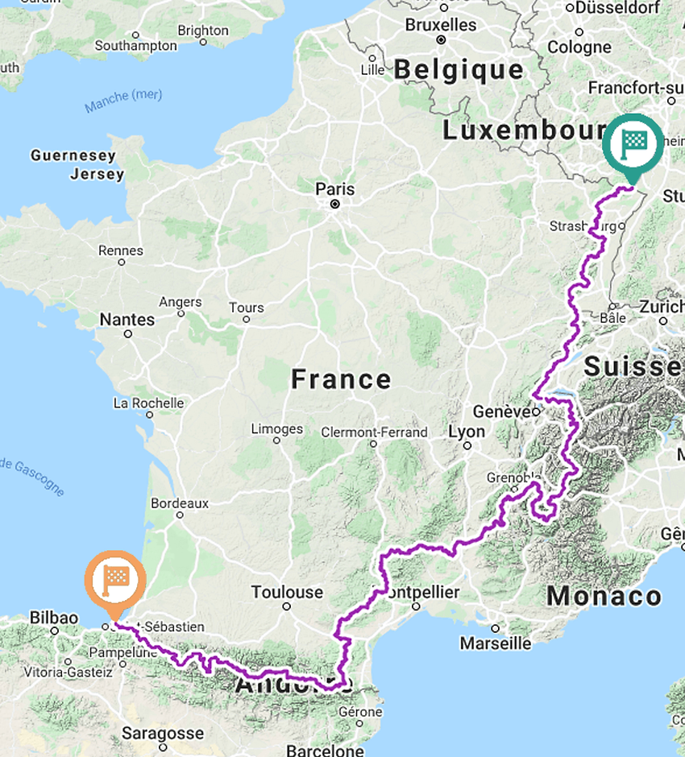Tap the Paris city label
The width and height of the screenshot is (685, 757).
point(334,189)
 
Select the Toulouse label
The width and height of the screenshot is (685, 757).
point(287,593)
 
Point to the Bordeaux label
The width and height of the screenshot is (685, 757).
point(180,503)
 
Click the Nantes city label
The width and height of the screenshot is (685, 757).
point(127,320)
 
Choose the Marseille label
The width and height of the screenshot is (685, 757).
point(496,643)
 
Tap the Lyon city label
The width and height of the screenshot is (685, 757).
point(467,432)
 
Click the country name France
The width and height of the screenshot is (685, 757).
point(341,378)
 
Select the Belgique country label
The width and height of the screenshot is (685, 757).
point(459,70)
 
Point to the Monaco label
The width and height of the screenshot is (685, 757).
point(604,597)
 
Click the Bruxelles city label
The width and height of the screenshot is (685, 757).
point(442,25)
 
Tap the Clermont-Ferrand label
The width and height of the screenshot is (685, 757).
point(374,432)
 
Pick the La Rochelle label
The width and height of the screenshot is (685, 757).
point(148,403)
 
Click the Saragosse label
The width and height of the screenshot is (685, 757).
point(163,733)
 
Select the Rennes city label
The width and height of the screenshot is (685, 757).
point(121,250)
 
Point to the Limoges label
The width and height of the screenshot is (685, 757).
point(277,428)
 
